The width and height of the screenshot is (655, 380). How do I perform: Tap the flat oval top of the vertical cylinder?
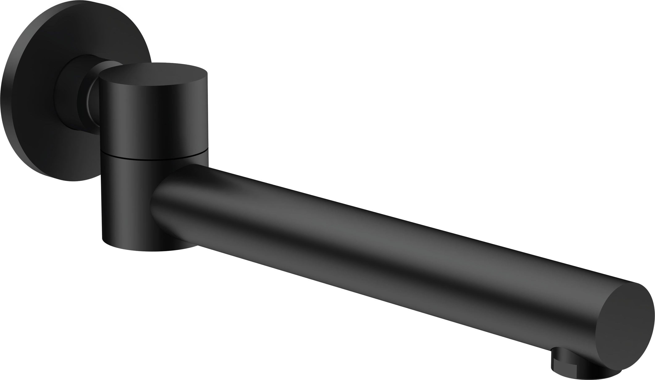click(153, 74)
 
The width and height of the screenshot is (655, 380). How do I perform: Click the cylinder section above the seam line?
click(153, 117)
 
